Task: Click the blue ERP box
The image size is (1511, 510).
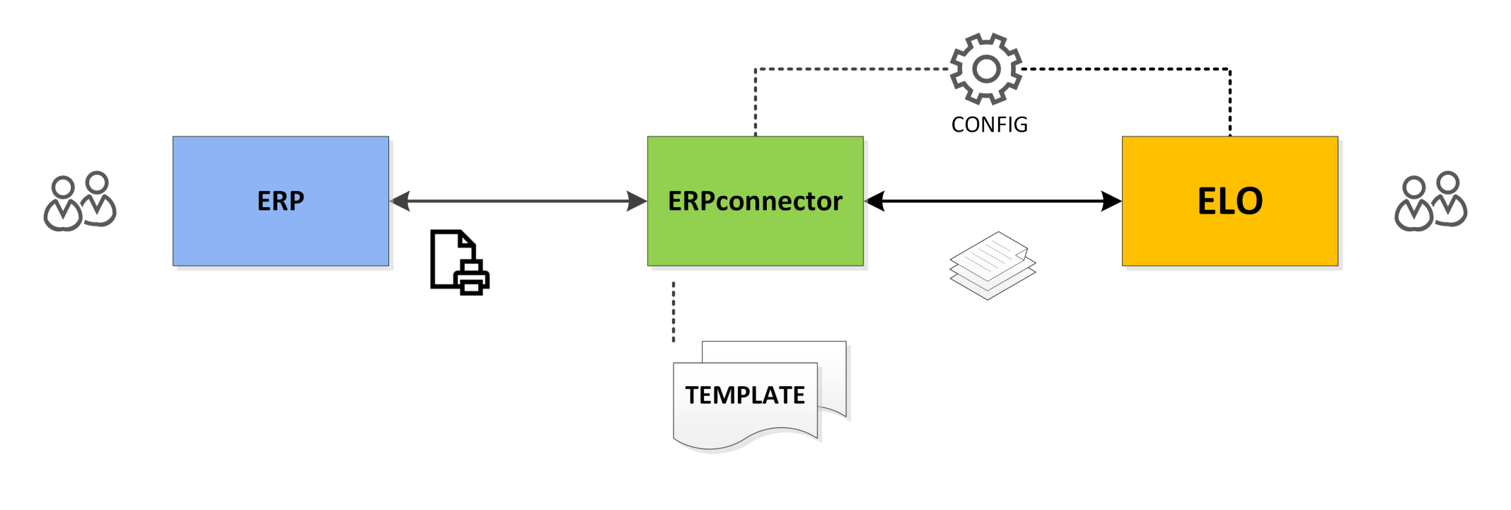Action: pos(281,201)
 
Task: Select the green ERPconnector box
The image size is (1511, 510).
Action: pos(755,201)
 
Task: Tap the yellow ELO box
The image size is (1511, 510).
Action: pos(1230,201)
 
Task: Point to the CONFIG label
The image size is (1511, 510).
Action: pos(990,124)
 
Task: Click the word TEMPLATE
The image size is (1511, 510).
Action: pos(745,395)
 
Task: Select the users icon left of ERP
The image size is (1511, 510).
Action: pos(80,201)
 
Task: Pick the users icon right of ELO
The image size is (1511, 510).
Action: pos(1431,201)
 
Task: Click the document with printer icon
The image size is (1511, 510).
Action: pos(460,262)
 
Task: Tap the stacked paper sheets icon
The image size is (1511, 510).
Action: pos(992,266)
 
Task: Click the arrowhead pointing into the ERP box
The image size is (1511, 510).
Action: pos(400,201)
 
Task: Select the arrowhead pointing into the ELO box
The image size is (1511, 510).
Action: pos(1112,201)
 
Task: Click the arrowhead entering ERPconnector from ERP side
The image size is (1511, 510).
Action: pos(637,201)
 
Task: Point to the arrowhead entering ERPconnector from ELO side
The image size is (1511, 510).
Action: pos(875,201)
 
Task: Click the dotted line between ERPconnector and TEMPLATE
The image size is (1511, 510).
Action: pos(673,312)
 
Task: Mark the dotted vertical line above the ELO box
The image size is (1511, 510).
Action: pos(1230,103)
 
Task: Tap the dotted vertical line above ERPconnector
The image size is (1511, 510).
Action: pos(755,103)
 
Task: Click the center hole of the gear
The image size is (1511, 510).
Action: pos(986,69)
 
